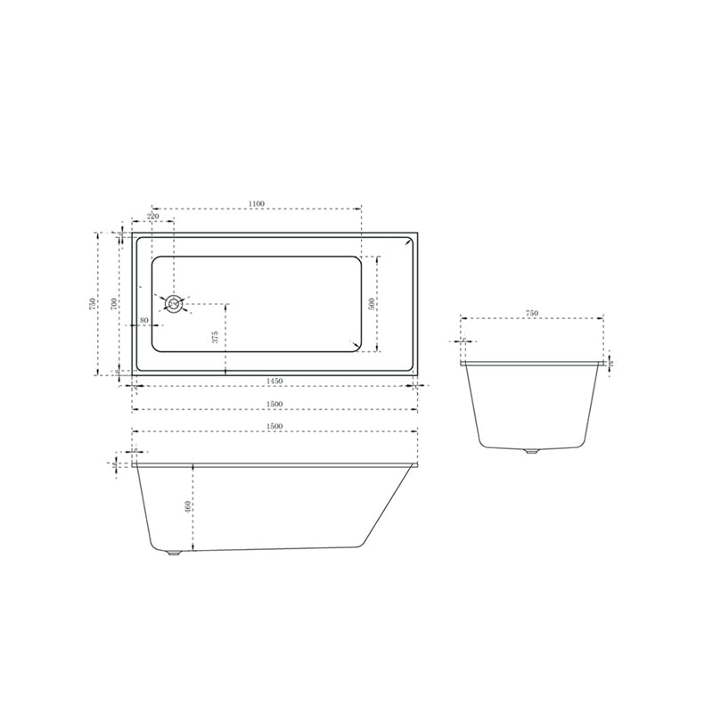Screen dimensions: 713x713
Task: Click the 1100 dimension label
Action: [x=257, y=204]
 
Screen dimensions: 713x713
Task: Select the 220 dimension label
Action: [x=152, y=217]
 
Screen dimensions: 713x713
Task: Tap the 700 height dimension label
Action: [x=113, y=303]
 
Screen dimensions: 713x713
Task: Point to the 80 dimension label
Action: [x=144, y=320]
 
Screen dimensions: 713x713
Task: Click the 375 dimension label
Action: [x=216, y=337]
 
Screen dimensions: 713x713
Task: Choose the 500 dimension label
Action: [x=371, y=303]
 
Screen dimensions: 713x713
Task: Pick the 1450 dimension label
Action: [x=275, y=381]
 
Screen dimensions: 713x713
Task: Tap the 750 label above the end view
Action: [x=531, y=313]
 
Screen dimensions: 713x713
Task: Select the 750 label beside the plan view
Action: [x=92, y=303]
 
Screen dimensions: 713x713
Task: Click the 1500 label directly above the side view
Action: [x=275, y=426]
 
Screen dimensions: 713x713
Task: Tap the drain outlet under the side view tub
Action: [x=174, y=554]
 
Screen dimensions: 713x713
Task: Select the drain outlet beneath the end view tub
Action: [x=532, y=452]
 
